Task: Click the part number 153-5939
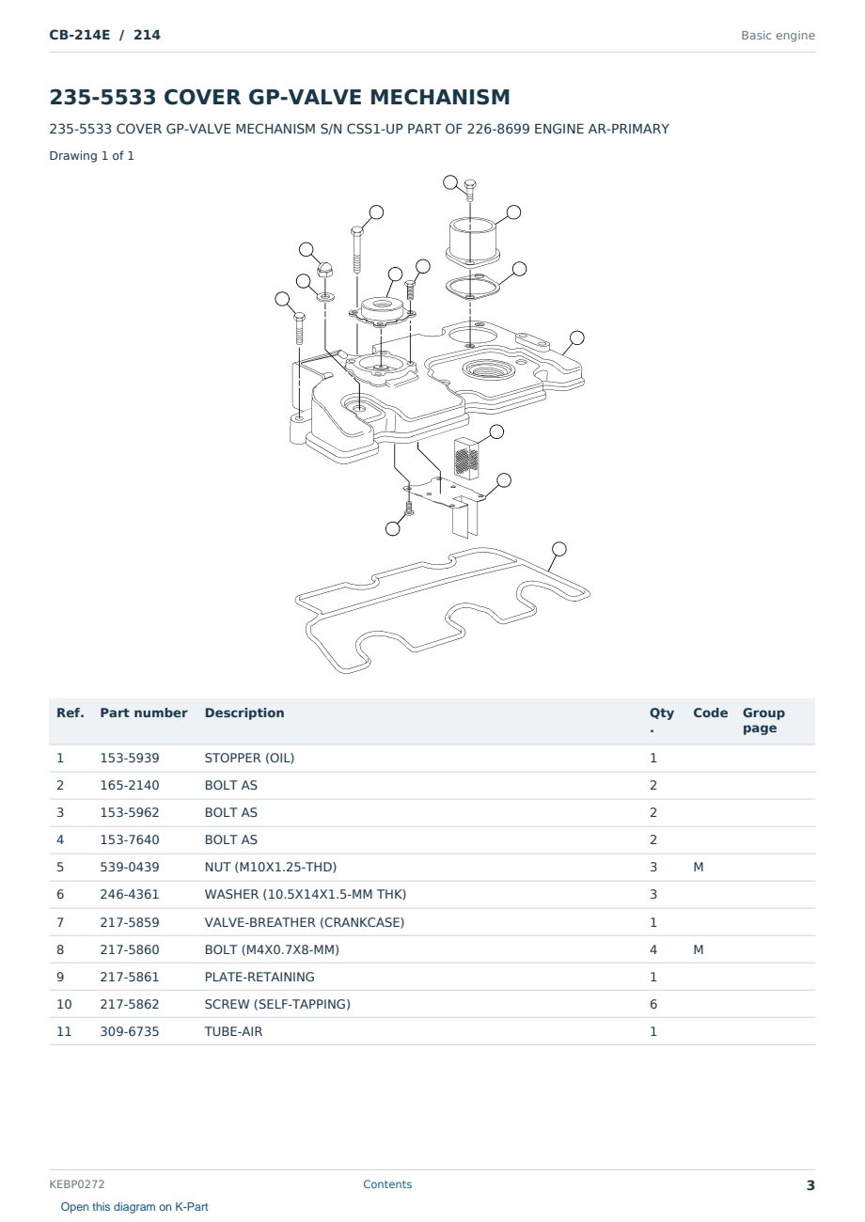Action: (x=130, y=758)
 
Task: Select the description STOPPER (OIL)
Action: (x=249, y=758)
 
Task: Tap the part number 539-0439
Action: (x=130, y=867)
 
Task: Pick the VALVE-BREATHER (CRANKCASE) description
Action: (x=304, y=922)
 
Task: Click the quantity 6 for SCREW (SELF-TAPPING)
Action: (x=653, y=1004)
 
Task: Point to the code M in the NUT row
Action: (x=698, y=867)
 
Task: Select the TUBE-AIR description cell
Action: (x=233, y=1031)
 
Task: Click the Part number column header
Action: (x=143, y=713)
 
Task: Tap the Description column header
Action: (x=244, y=713)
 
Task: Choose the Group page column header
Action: (x=763, y=720)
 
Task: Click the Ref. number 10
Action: (x=64, y=1004)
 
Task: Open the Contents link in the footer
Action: (x=387, y=1183)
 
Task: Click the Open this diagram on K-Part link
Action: (x=134, y=1207)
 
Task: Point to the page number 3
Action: (x=810, y=1185)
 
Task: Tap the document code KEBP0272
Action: (x=77, y=1183)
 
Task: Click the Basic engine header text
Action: (x=778, y=36)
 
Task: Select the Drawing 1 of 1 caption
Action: (x=92, y=155)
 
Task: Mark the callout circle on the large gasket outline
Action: (x=558, y=549)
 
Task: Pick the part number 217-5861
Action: (x=130, y=977)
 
